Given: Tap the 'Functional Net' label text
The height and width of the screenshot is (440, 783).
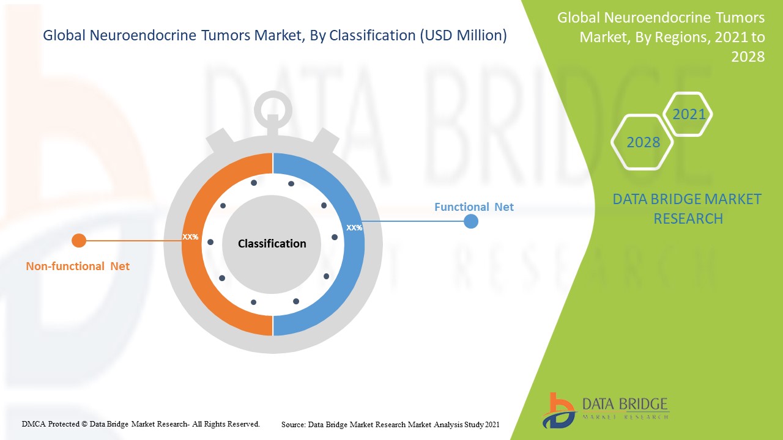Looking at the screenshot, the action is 474,207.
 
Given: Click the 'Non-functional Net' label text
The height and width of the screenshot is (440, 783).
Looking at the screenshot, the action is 78,266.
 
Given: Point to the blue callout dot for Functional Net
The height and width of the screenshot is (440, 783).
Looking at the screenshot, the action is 471,221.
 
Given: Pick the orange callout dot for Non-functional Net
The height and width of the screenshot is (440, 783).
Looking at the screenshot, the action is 79,241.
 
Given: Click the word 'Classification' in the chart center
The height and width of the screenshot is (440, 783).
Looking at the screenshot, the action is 272,244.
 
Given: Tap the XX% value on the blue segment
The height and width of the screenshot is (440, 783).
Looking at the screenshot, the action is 354,228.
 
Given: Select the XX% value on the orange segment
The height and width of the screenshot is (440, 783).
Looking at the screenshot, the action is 190,237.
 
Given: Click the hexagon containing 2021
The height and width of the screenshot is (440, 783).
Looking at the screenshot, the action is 688,114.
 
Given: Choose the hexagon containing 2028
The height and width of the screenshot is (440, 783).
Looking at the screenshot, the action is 642,142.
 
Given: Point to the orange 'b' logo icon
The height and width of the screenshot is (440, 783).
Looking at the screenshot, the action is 559,411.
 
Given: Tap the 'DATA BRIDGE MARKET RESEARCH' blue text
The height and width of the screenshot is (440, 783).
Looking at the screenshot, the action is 687,209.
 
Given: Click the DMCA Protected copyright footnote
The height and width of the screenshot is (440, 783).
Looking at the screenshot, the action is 141,424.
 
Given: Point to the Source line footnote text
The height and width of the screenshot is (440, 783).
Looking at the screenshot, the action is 390,425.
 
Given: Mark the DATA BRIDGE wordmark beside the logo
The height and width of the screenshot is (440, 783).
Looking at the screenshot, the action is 625,405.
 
